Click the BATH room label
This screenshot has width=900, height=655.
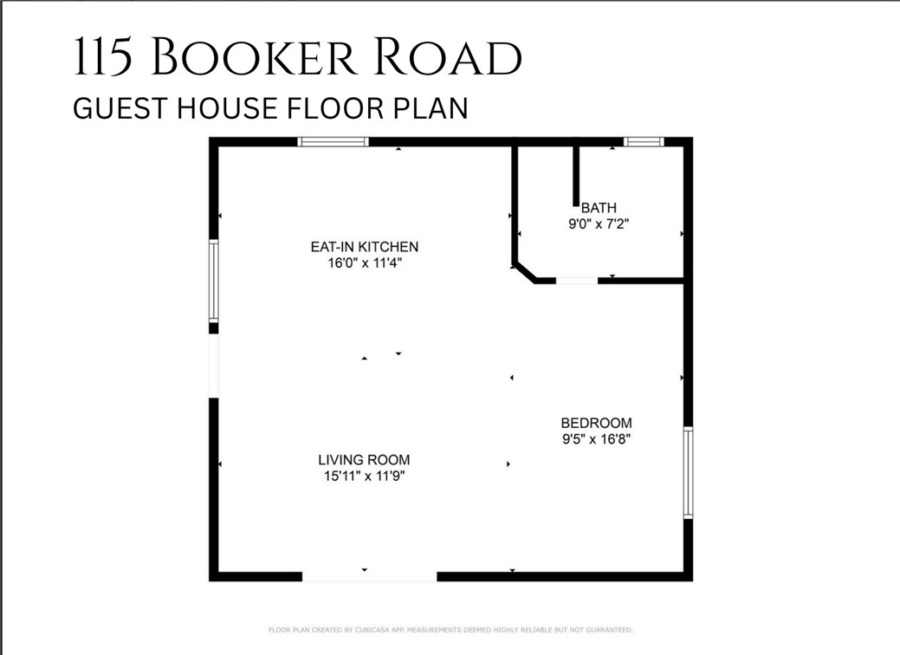click(x=599, y=208)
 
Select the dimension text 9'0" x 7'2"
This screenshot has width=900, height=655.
click(x=599, y=223)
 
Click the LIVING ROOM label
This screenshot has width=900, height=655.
click(x=364, y=460)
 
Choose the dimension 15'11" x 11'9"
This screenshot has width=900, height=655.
click(x=364, y=475)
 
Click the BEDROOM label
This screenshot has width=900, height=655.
click(x=596, y=423)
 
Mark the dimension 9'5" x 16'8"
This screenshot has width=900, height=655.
click(x=596, y=438)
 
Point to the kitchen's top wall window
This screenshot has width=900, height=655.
click(x=333, y=141)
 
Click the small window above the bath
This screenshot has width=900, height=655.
click(x=644, y=141)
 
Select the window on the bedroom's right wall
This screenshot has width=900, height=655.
click(x=688, y=472)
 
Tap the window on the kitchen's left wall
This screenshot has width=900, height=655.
click(x=214, y=282)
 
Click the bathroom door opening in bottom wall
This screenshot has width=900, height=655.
click(x=576, y=281)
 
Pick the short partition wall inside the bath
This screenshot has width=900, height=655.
click(x=574, y=174)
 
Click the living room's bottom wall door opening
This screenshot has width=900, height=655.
click(x=369, y=576)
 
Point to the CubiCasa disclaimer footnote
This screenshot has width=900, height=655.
click(x=450, y=630)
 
